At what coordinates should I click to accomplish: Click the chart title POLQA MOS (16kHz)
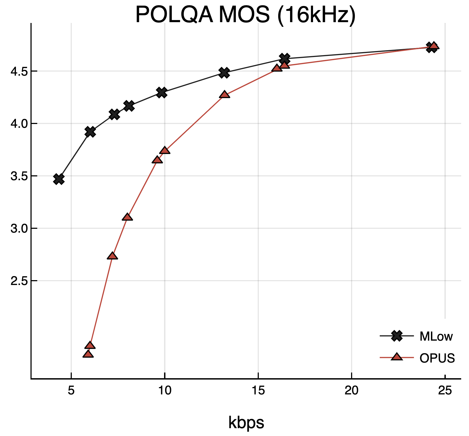(245, 15)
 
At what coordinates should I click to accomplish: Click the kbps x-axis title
(246, 422)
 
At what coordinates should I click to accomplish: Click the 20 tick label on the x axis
(352, 391)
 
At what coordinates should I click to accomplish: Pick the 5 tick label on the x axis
(71, 391)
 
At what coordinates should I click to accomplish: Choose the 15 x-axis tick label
(258, 391)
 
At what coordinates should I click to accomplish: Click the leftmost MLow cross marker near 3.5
(59, 179)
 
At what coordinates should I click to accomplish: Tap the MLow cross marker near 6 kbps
(90, 132)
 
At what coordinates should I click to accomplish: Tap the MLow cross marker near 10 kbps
(161, 92)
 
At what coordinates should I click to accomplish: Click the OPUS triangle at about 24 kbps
(434, 46)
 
